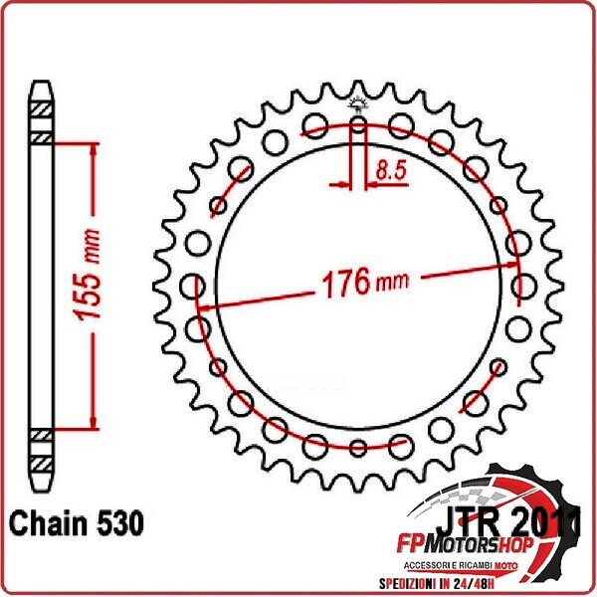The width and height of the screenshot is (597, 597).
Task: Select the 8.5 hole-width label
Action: point(390,171)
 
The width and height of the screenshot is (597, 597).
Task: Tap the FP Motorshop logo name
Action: point(472,546)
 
